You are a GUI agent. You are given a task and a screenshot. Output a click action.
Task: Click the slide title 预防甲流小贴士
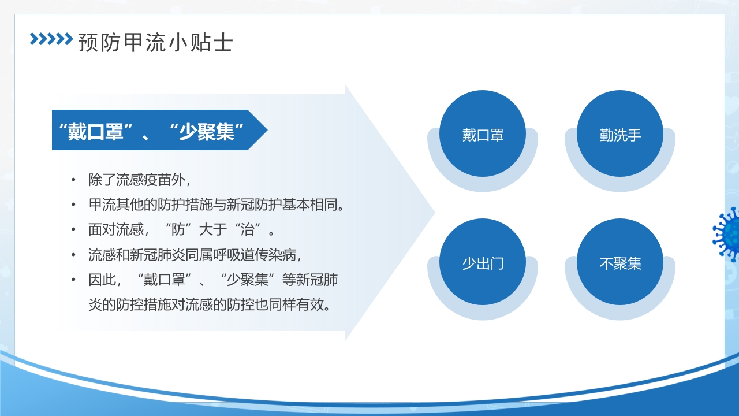click(155, 42)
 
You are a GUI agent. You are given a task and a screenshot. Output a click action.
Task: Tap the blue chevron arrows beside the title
click(51, 39)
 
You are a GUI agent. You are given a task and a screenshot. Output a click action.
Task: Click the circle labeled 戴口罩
click(483, 134)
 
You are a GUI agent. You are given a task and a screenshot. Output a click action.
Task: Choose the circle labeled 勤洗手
click(620, 134)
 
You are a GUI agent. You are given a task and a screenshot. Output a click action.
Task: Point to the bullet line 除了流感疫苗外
click(139, 179)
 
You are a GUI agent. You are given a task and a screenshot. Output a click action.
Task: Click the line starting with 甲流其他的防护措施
click(217, 205)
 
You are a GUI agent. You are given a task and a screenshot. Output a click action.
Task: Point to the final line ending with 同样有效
click(210, 304)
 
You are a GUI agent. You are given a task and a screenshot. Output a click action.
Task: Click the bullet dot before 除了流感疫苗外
click(73, 179)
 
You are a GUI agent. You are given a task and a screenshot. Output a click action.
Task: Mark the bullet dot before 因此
click(73, 280)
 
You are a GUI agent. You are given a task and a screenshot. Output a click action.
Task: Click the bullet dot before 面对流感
click(73, 229)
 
